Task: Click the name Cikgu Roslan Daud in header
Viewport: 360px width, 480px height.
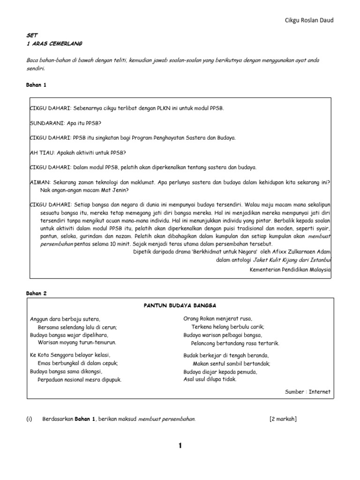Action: coord(310,20)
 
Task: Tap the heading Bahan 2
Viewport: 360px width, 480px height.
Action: coord(37,293)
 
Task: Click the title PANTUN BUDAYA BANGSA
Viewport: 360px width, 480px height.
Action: coord(180,305)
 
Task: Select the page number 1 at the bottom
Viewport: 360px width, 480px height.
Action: coord(180,446)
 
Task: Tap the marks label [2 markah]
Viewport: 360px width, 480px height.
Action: coord(283,419)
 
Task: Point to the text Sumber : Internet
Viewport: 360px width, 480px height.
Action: coord(307,392)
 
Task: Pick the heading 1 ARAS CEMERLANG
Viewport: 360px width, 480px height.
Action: coord(54,44)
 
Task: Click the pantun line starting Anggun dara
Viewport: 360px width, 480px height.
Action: coord(65,319)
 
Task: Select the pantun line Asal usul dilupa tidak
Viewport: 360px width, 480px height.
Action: coord(210,379)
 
